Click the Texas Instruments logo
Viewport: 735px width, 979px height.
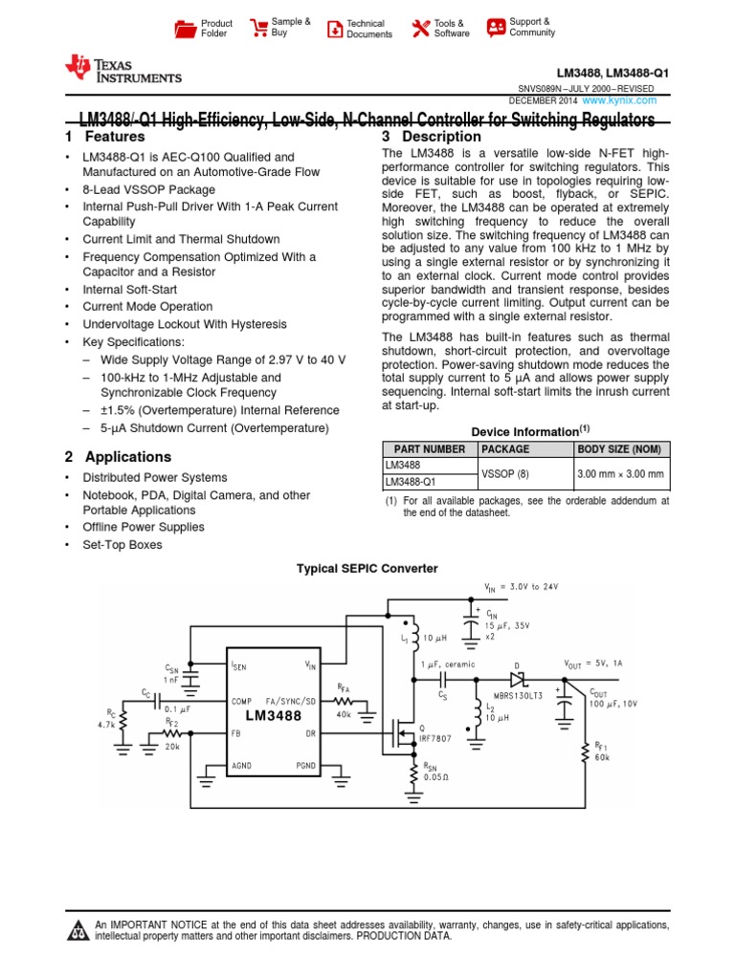(x=122, y=69)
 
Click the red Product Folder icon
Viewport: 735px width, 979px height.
(x=186, y=29)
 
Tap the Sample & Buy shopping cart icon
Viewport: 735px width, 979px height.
(x=258, y=27)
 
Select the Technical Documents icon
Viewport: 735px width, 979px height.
(x=334, y=29)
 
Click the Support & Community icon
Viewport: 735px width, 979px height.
(x=496, y=27)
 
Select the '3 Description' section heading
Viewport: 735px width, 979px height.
(x=431, y=137)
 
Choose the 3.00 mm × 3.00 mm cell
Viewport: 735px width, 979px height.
(x=620, y=473)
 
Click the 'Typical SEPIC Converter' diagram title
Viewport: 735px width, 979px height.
(x=367, y=568)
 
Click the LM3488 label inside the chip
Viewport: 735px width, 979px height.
(x=273, y=715)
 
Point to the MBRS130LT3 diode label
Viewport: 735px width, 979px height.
(x=514, y=695)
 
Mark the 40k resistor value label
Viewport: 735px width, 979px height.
(x=344, y=713)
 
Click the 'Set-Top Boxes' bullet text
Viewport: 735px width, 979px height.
(x=122, y=545)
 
